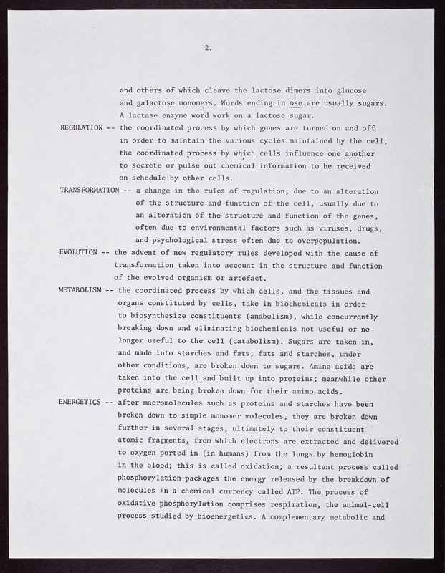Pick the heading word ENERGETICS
coord(80,402)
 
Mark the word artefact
coord(245,278)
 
